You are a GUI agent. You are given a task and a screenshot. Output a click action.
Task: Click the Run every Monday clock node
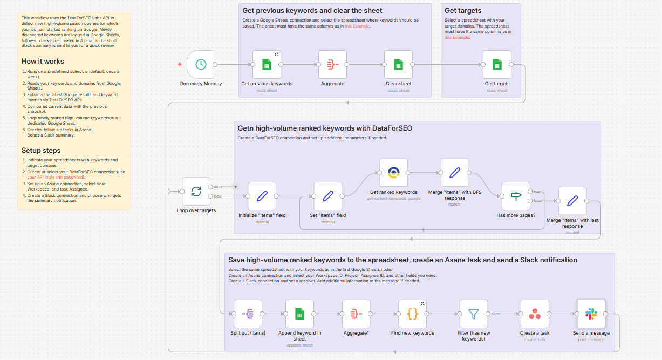tap(201, 65)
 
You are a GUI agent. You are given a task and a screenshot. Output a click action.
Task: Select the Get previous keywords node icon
tap(267, 65)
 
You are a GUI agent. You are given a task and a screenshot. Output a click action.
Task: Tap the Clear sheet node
tap(398, 65)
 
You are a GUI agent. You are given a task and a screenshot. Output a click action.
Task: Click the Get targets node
tap(497, 65)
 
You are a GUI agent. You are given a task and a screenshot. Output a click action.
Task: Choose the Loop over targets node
tap(196, 192)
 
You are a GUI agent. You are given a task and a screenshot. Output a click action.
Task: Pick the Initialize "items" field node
tap(262, 196)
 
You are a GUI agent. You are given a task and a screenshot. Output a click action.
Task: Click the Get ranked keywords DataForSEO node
tap(393, 173)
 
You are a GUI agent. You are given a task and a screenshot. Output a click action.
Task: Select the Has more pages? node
tap(516, 196)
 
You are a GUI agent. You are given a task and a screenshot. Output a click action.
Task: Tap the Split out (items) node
tap(248, 314)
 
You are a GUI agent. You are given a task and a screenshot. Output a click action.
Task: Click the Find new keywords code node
tap(412, 314)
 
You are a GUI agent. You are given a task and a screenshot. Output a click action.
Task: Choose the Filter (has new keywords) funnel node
tap(474, 314)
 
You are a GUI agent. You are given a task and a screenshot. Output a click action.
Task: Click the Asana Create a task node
tap(535, 314)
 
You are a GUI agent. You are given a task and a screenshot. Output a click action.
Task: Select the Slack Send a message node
tap(591, 314)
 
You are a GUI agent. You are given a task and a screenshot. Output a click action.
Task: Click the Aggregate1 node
tap(356, 314)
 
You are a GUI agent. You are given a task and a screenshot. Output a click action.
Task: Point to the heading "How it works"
tap(43, 61)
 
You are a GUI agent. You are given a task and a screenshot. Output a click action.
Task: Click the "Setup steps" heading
tap(41, 150)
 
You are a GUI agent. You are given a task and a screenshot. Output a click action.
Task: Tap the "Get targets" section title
tap(463, 10)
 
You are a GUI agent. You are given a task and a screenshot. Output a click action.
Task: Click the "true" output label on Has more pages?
tap(537, 191)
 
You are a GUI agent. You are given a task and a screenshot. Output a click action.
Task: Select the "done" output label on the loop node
tap(219, 186)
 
